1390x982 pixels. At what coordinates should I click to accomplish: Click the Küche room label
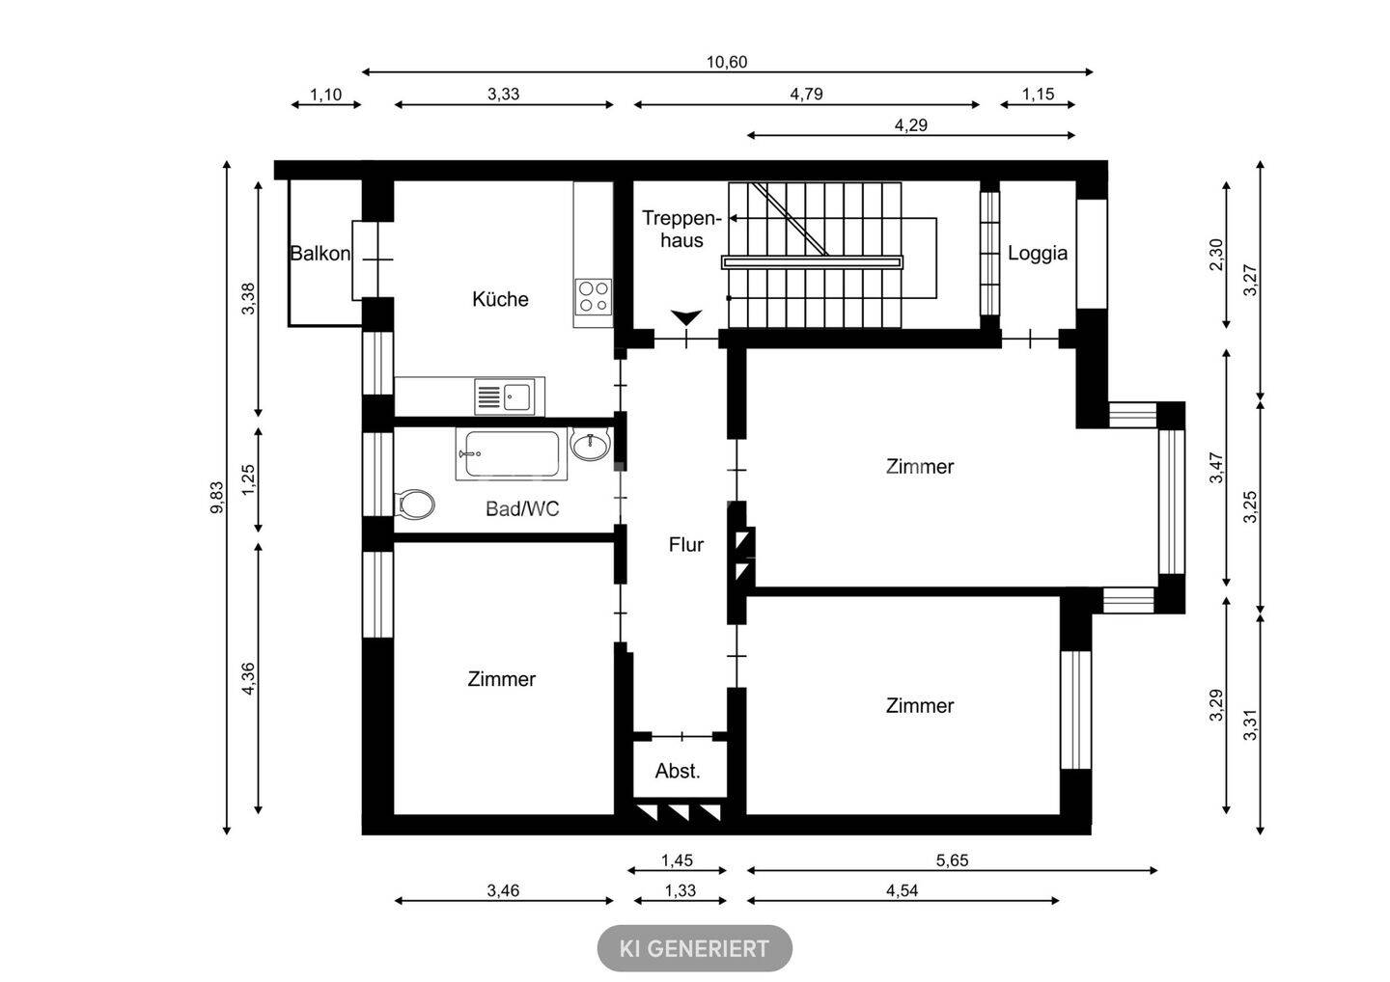coord(500,299)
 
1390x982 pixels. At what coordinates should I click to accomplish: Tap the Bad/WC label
coord(522,509)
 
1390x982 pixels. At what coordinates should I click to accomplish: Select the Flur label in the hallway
coord(685,545)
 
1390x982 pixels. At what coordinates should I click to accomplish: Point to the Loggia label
coord(1038,253)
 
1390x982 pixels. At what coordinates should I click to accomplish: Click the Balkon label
coord(320,253)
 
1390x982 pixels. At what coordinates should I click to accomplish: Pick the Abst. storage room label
coord(678,771)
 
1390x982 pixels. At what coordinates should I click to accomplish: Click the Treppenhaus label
coord(681,229)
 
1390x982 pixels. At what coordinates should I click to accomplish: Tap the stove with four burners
coord(594,297)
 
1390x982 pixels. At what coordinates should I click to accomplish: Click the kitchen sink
coord(505,396)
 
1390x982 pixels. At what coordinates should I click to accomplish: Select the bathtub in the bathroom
coord(512,453)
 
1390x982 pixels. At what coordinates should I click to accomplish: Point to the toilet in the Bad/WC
coord(414,504)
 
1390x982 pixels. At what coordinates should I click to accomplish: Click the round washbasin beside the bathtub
coord(590,445)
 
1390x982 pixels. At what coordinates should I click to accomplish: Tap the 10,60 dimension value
coord(727,62)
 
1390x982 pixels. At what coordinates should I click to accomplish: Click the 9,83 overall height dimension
coord(216,498)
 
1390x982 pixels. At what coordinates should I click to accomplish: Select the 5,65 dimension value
coord(952,860)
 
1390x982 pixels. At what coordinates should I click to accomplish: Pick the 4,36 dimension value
coord(247,679)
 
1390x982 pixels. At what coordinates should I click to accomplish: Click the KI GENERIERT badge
coord(694,948)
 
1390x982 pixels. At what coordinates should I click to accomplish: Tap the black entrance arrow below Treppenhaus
coord(686,317)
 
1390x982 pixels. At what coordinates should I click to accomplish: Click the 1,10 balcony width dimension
coord(326,95)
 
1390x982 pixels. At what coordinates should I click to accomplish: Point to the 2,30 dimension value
coord(1216,254)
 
